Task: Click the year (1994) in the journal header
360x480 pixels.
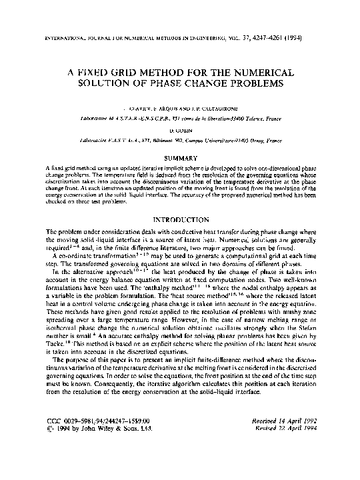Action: coord(295,37)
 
